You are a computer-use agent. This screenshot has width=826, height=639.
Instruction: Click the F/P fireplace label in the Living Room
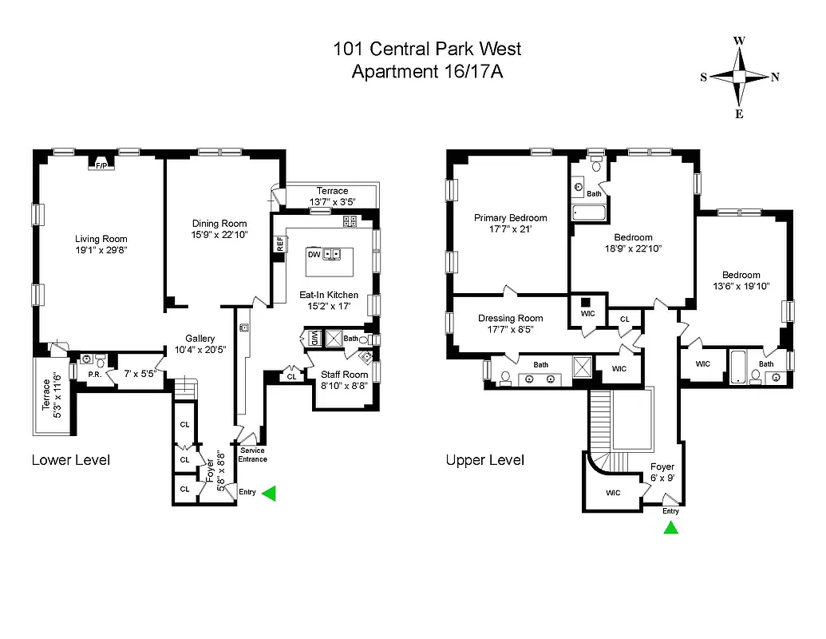coord(101,166)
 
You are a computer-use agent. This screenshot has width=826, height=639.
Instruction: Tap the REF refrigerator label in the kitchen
coord(280,244)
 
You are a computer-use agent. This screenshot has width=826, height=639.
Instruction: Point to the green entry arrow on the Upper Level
coord(671,527)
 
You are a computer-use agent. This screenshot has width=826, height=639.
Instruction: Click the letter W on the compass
coord(739,41)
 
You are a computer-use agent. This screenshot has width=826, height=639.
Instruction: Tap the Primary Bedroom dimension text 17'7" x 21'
coord(510,229)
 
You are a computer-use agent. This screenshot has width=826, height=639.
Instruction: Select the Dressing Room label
coord(510,318)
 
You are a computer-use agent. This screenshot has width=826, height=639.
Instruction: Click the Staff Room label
coord(344,374)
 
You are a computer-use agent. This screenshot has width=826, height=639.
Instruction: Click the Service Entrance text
coord(252,455)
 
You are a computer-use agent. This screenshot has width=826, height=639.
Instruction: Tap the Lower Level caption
coord(71,460)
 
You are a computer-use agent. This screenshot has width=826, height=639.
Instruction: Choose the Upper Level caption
coord(485,460)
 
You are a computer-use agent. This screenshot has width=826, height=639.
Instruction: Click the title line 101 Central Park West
coord(427,49)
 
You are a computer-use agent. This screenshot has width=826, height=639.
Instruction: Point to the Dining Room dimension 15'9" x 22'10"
coord(219,235)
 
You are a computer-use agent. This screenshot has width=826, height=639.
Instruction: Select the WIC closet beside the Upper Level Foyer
coord(612,492)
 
